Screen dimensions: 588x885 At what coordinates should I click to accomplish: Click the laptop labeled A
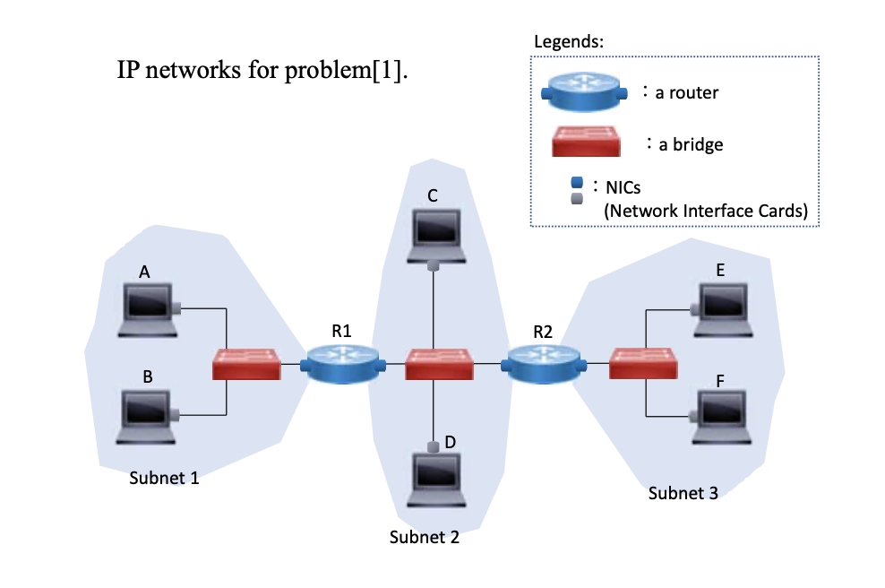pyautogui.click(x=147, y=310)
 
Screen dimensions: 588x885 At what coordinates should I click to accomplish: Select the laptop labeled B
pyautogui.click(x=147, y=418)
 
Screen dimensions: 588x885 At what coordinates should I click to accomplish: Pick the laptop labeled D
pyautogui.click(x=436, y=480)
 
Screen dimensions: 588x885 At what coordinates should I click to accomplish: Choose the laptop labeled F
pyautogui.click(x=724, y=418)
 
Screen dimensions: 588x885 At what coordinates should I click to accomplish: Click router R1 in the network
pyautogui.click(x=340, y=364)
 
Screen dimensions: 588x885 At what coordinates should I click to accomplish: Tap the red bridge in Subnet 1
pyautogui.click(x=246, y=365)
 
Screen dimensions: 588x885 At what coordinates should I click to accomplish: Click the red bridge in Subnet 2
pyautogui.click(x=438, y=364)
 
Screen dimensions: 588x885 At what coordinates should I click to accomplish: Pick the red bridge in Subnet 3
pyautogui.click(x=642, y=364)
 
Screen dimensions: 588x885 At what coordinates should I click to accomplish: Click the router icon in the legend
pyautogui.click(x=582, y=91)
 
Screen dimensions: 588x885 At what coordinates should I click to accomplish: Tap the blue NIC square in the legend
pyautogui.click(x=578, y=184)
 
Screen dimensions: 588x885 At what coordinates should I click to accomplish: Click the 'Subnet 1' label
pyautogui.click(x=164, y=478)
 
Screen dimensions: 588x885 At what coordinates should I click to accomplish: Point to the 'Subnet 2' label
pyautogui.click(x=425, y=538)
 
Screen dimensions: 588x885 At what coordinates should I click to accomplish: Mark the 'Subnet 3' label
pyautogui.click(x=683, y=492)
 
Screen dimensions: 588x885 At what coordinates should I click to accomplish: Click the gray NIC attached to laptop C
pyautogui.click(x=434, y=265)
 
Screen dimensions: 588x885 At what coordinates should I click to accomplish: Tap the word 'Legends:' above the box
pyautogui.click(x=569, y=41)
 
